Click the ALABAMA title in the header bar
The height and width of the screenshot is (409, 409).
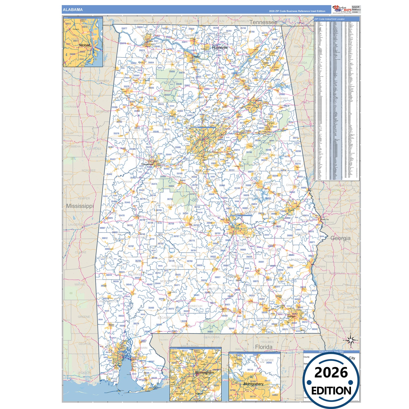point(73,10)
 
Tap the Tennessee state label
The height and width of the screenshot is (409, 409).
point(263,22)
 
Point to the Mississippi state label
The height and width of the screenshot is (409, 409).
point(80,206)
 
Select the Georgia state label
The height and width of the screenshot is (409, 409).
point(341,238)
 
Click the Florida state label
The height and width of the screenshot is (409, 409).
point(264,347)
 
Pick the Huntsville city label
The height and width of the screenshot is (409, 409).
point(220,48)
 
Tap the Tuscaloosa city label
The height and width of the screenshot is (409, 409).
point(147,164)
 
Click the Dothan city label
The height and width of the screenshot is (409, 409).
point(291,316)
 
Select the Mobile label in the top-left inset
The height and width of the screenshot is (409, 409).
point(85,45)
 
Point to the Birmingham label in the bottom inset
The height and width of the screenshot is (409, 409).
point(205,372)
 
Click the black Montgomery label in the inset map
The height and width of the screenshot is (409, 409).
point(253,384)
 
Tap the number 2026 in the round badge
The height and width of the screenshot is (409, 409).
point(331,372)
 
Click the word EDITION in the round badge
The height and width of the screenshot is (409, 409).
point(331,391)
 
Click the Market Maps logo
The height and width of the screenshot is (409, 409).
point(342,9)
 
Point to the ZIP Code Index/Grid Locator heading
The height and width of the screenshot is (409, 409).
point(329,19)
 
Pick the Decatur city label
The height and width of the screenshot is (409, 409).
point(196,57)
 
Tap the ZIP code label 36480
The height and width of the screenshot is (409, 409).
point(151,308)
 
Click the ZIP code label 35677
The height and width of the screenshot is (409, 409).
point(124,28)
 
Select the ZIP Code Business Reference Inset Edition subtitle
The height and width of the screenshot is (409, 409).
point(297,11)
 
